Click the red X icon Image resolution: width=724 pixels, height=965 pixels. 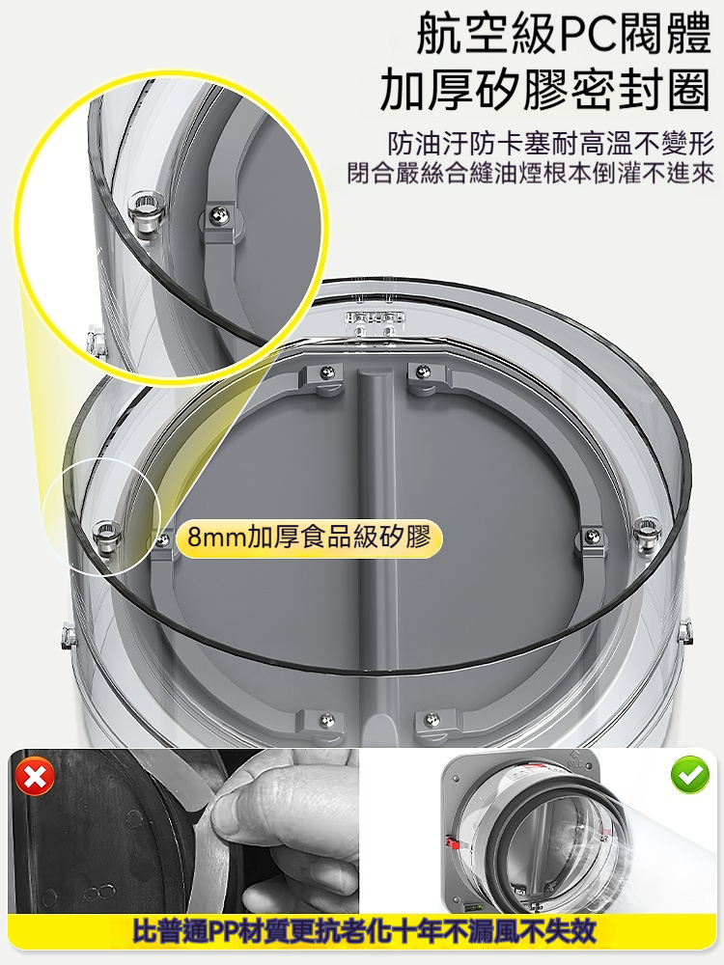click(35, 777)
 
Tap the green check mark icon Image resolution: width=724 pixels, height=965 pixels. click(689, 774)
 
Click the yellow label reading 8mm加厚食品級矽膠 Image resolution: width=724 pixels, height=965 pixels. click(309, 538)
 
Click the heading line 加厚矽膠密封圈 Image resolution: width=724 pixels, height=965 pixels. click(546, 91)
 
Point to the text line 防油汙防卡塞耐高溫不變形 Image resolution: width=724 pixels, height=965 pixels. click(551, 145)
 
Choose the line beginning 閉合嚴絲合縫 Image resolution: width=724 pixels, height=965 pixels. click(531, 173)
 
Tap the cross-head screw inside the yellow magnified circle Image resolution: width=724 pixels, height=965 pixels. click(216, 214)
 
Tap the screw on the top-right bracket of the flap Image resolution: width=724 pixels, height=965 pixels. click(422, 372)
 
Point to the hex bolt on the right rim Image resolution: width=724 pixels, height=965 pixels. click(646, 533)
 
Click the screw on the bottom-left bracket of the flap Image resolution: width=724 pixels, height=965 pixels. click(326, 719)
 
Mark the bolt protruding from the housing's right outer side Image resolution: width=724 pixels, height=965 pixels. click(683, 631)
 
